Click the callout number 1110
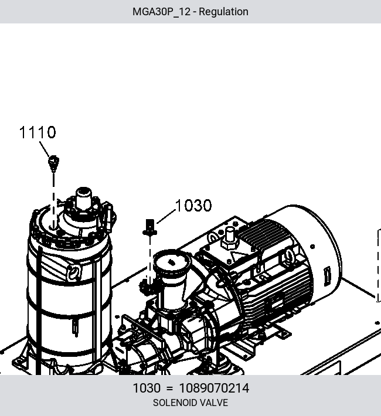click(x=38, y=132)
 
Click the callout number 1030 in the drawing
click(x=193, y=205)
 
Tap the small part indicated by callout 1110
click(x=53, y=163)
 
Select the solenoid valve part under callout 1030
click(x=150, y=227)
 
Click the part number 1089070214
click(x=215, y=388)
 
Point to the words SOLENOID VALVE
click(x=190, y=403)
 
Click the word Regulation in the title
click(x=223, y=12)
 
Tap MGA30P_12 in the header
click(x=161, y=12)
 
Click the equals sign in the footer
click(x=169, y=388)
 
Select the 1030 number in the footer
click(x=147, y=388)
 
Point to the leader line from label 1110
click(x=45, y=149)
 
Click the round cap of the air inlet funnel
click(x=172, y=262)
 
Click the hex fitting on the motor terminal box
click(x=230, y=239)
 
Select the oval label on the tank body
click(x=73, y=272)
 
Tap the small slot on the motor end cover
click(x=327, y=277)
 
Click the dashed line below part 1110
click(x=53, y=200)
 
